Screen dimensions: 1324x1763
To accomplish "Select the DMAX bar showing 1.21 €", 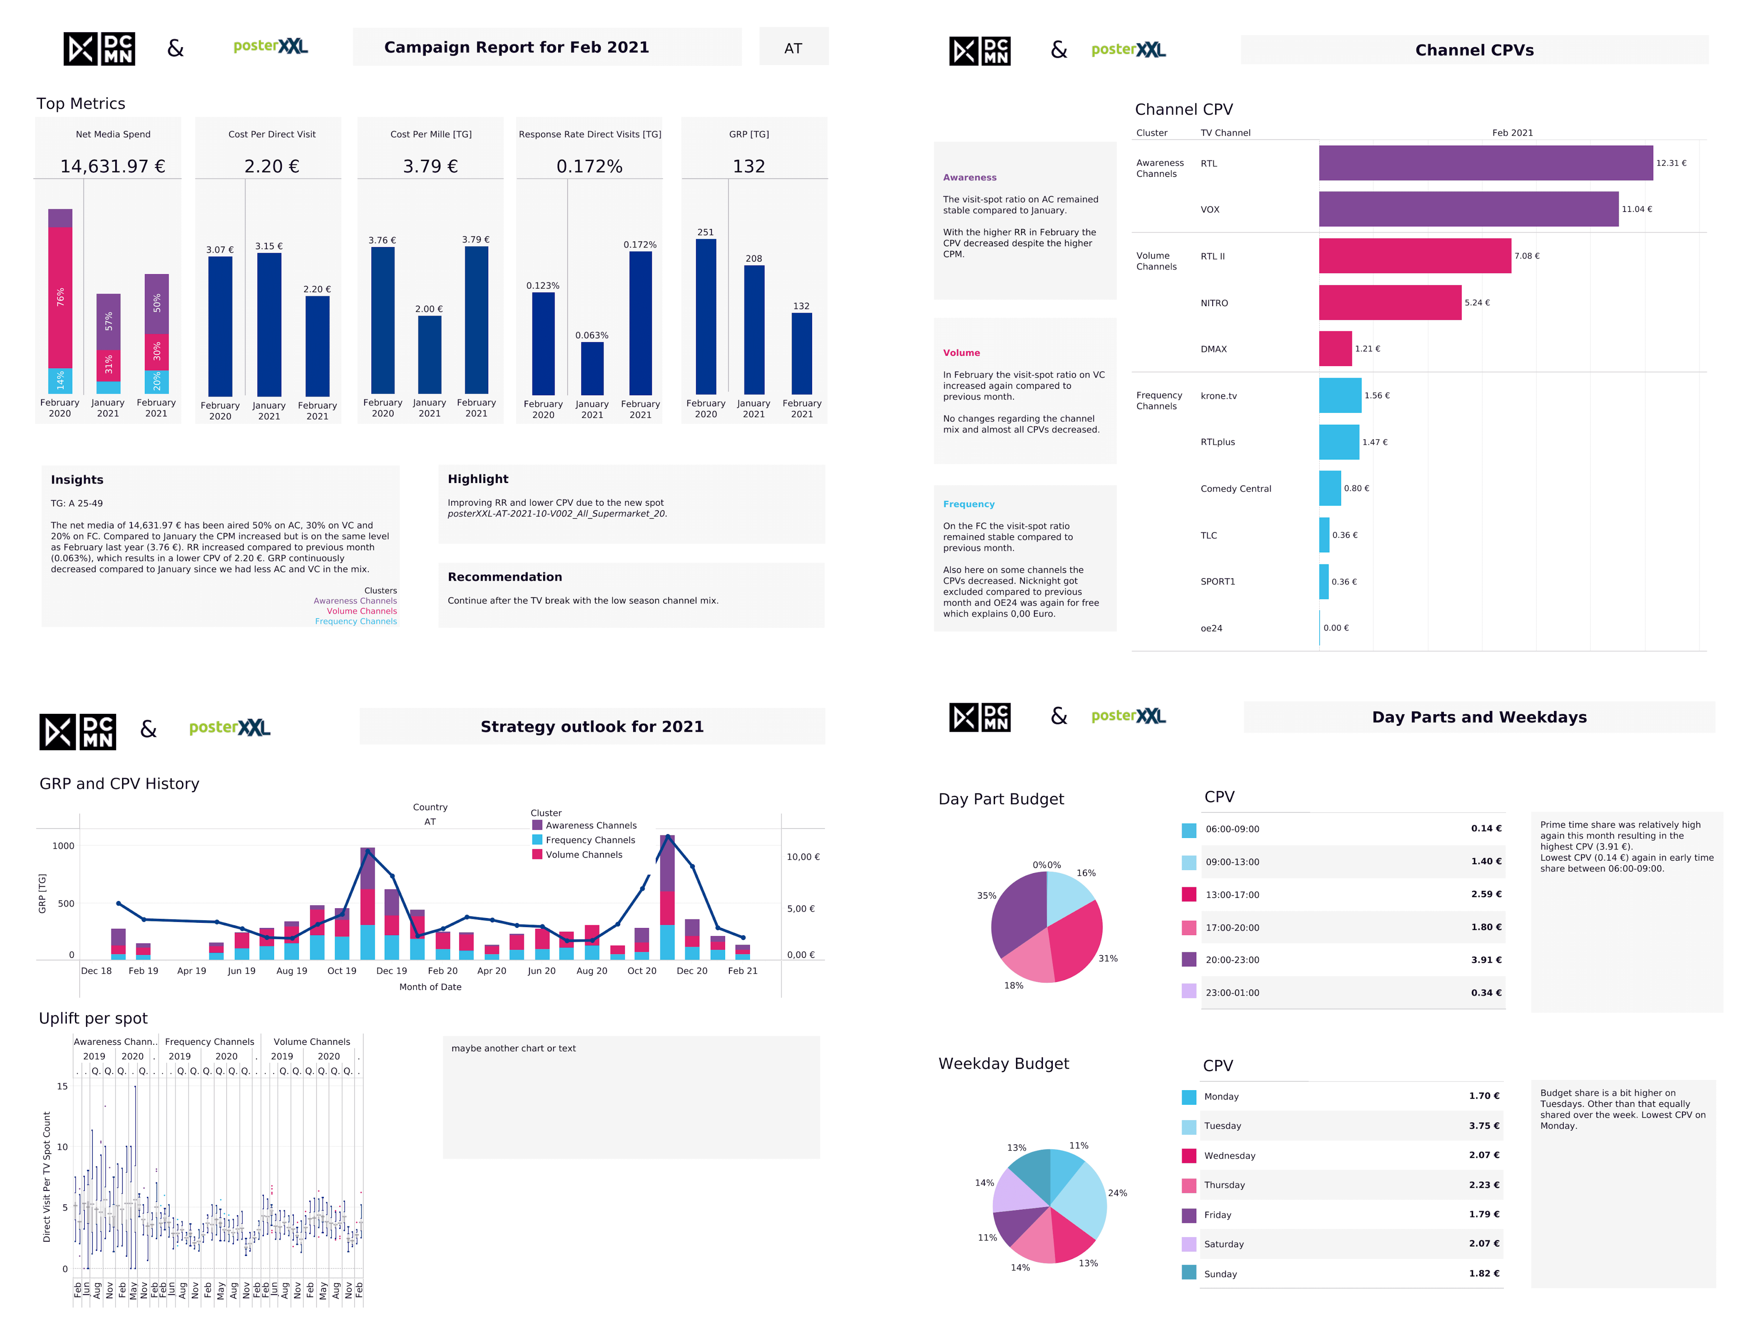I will tap(1335, 349).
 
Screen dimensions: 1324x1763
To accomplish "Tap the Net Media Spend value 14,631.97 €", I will tap(112, 167).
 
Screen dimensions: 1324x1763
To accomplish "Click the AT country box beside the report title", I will tap(793, 48).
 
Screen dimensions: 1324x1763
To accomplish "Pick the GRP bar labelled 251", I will tap(705, 316).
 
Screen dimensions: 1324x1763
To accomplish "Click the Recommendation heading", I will tap(505, 577).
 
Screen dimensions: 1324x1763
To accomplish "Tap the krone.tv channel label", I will tap(1219, 396).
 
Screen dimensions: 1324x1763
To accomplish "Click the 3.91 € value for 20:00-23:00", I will tap(1486, 960).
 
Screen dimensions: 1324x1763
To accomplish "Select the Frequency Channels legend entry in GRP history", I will tap(590, 840).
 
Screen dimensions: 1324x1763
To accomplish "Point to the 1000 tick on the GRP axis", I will tap(63, 846).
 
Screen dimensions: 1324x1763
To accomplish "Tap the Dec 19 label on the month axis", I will tap(391, 971).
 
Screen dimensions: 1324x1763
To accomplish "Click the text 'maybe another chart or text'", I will tap(513, 1048).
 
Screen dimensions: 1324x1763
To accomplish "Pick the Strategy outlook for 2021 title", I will tap(592, 726).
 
